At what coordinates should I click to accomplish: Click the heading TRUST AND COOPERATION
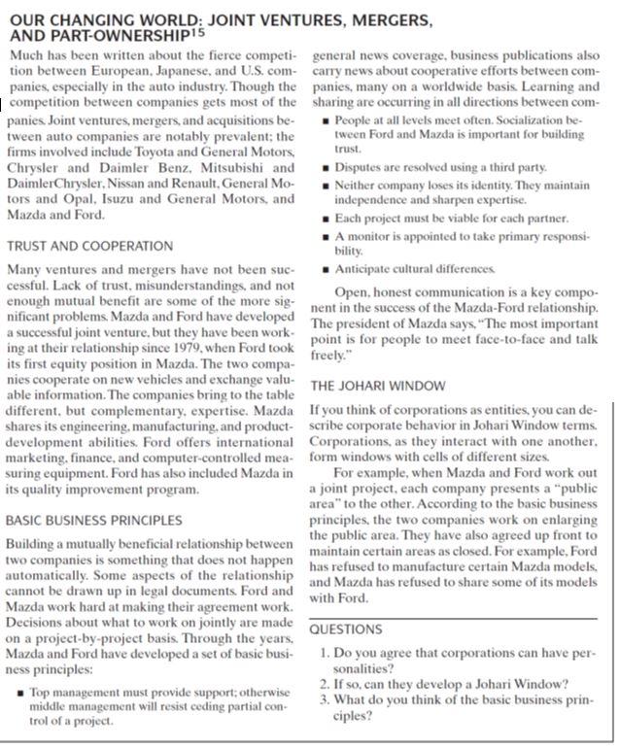click(x=90, y=246)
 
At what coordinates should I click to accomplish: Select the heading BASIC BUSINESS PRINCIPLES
click(x=94, y=520)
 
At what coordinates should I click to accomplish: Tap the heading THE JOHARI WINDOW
click(x=378, y=385)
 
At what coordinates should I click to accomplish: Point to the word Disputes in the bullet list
click(x=359, y=168)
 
